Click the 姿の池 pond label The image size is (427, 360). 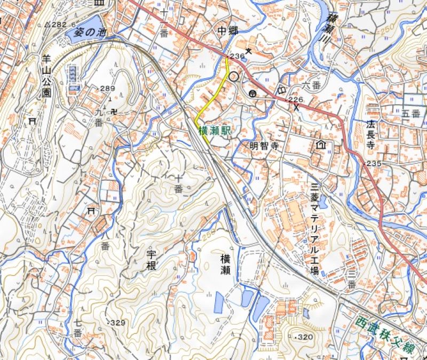[92, 33]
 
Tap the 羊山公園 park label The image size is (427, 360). [46, 78]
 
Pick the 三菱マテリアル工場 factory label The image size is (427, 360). [315, 229]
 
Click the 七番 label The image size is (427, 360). [77, 328]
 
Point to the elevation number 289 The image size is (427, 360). [107, 89]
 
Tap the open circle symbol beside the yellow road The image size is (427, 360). [233, 76]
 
